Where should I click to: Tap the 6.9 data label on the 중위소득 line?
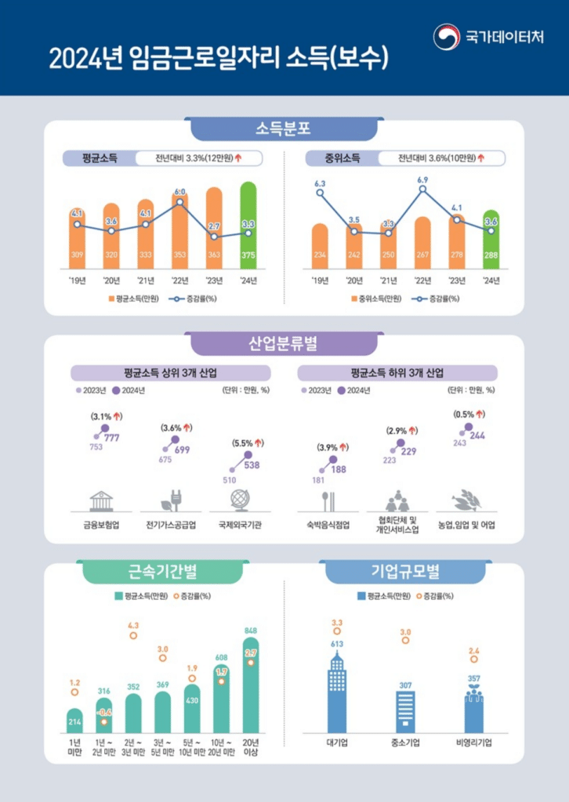click(x=422, y=179)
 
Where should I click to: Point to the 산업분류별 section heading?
click(x=283, y=343)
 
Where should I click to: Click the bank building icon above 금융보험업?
click(x=101, y=500)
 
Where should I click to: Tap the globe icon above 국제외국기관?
click(x=239, y=500)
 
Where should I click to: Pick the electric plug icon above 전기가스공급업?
click(x=170, y=500)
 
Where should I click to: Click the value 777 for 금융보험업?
click(x=111, y=438)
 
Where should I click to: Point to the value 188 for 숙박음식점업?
click(x=338, y=469)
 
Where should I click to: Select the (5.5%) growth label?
click(x=248, y=443)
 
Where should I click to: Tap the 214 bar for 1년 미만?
click(x=74, y=721)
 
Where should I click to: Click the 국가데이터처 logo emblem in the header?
click(x=447, y=36)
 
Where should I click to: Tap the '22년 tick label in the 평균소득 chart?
click(x=179, y=280)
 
